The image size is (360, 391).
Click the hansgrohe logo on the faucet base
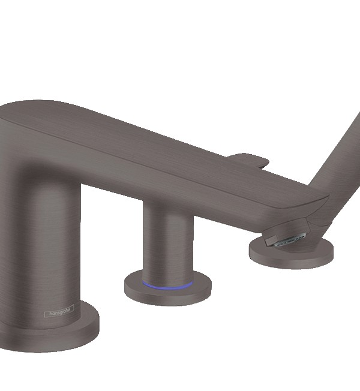pos(59,311)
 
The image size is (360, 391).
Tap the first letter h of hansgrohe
pos(50,314)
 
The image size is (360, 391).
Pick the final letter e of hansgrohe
pos(71,309)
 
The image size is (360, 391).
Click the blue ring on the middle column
pos(167,286)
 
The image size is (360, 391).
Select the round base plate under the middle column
pos(168,292)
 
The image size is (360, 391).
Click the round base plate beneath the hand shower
pos(292,255)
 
